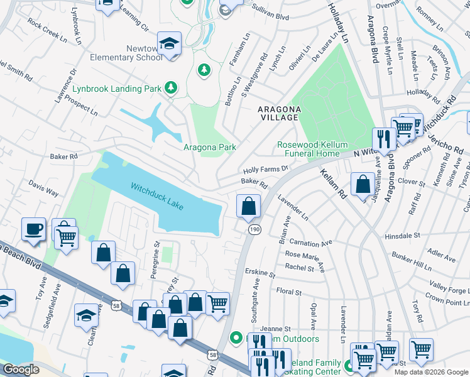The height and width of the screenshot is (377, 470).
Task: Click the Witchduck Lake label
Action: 157,196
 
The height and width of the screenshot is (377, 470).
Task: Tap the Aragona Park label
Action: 209,148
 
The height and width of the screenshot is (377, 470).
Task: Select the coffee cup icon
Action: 33,230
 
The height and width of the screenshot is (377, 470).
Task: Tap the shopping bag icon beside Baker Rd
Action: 249,206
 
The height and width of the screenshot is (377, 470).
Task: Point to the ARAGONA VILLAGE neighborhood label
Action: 280,114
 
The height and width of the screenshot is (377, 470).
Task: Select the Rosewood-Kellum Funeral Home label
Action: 312,149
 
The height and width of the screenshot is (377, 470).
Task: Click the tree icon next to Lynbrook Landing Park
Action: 170,88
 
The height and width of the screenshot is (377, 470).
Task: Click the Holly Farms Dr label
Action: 265,169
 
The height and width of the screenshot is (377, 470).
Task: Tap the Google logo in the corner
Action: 21,369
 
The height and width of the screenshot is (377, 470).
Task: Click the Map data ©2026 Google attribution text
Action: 430,372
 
